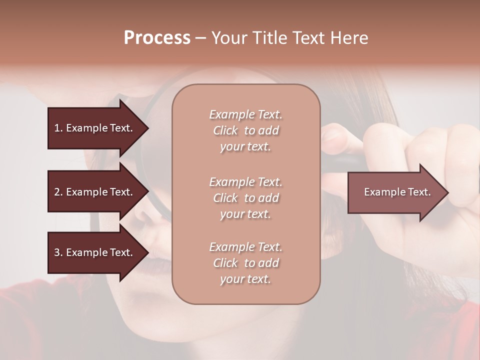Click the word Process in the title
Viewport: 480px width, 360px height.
pyautogui.click(x=157, y=38)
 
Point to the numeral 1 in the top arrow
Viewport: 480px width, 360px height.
pyautogui.click(x=57, y=128)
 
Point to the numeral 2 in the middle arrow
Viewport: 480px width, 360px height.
pyautogui.click(x=57, y=192)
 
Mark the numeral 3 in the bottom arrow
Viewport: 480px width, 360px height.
pyautogui.click(x=57, y=252)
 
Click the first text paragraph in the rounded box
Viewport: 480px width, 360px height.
pyautogui.click(x=245, y=130)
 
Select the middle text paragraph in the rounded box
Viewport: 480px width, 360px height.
pyautogui.click(x=245, y=198)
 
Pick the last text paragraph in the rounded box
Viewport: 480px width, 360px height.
pyautogui.click(x=245, y=263)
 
